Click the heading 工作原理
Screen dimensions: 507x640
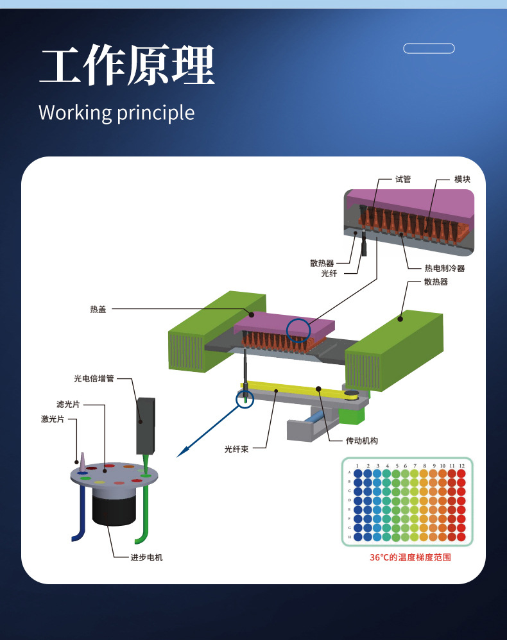pos(126,66)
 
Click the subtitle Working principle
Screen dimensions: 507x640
pos(116,112)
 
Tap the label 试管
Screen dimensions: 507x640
pos(403,180)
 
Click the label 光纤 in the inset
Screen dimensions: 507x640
pos(329,274)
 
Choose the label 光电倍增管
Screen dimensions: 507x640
pos(94,379)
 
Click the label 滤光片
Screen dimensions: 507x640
pos(68,405)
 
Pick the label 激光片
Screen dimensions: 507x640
pos(53,419)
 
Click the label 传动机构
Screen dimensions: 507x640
pos(362,441)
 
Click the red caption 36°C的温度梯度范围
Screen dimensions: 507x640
pos(410,557)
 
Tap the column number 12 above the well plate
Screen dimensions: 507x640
pos(461,466)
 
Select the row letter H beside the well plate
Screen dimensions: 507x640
pos(349,536)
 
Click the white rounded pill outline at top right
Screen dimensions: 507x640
pos(429,48)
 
